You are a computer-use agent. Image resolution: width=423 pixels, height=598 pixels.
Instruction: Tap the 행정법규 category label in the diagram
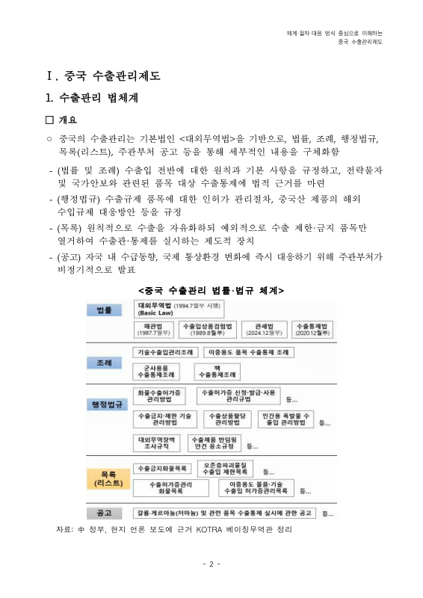coord(103,404)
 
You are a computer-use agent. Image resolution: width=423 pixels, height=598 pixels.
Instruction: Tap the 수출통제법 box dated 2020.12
coord(309,329)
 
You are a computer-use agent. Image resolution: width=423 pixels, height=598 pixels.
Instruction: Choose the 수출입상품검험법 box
coord(208,329)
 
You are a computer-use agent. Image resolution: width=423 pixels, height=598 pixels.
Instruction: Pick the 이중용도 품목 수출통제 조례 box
coord(248,351)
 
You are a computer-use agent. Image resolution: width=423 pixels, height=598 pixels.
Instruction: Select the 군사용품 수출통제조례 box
coord(155,372)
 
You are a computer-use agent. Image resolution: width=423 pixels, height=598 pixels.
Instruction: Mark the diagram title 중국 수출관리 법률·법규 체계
coord(211,289)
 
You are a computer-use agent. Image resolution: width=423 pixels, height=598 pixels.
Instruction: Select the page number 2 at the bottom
coord(211,564)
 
